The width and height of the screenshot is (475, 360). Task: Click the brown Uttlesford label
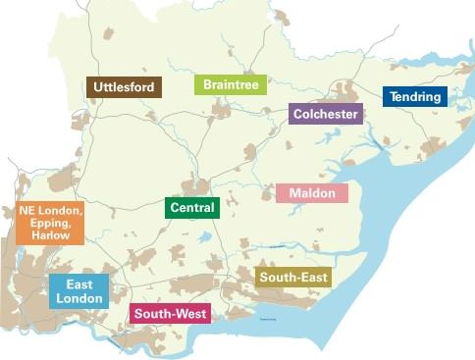click(x=124, y=87)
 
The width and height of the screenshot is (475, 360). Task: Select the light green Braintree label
click(x=231, y=85)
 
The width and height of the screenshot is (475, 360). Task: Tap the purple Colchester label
click(x=326, y=114)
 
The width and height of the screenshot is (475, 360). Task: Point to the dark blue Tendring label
click(x=414, y=97)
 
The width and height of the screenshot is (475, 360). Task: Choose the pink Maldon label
click(x=312, y=193)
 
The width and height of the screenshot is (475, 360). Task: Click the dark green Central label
click(x=192, y=208)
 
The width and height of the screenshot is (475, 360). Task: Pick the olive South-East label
click(x=292, y=278)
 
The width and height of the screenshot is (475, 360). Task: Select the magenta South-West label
click(x=170, y=314)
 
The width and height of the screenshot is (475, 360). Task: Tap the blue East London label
click(x=79, y=291)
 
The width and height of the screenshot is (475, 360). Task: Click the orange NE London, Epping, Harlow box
click(x=50, y=224)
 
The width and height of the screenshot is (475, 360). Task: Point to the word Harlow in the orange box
click(x=50, y=236)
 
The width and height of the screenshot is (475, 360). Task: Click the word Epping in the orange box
click(x=51, y=224)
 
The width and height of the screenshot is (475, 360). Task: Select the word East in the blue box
click(x=79, y=284)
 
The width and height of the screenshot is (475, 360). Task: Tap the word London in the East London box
click(x=79, y=298)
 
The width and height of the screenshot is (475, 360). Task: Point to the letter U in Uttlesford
click(x=98, y=87)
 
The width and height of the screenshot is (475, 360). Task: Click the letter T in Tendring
click(x=394, y=97)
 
